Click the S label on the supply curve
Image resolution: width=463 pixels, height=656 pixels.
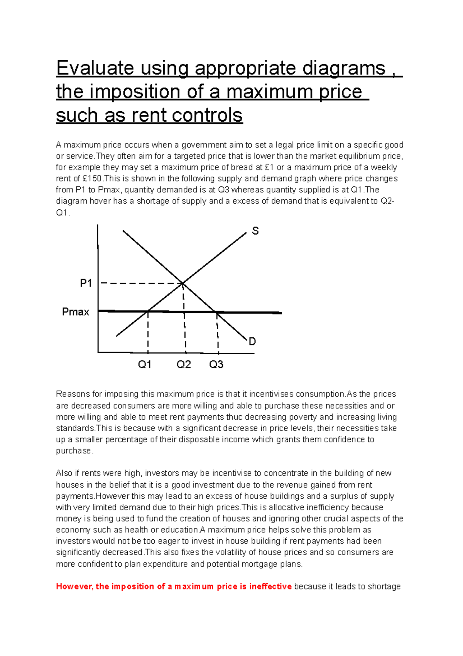click(255, 231)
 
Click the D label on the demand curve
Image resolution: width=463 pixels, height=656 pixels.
click(252, 342)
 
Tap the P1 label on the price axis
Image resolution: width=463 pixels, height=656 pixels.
click(86, 284)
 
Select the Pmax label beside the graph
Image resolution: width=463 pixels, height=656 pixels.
click(76, 312)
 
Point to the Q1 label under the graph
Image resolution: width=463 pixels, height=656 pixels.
click(145, 365)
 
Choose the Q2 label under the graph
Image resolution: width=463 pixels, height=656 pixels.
click(184, 365)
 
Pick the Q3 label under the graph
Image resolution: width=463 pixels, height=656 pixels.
click(216, 365)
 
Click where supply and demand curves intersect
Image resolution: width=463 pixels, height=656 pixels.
click(182, 284)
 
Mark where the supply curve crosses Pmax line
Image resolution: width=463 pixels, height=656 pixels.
click(148, 311)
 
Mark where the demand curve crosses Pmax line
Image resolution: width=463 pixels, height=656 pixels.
click(216, 312)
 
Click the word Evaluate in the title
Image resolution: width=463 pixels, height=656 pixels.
click(95, 68)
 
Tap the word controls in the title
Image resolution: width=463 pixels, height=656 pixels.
click(207, 116)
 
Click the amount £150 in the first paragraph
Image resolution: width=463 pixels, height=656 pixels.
click(93, 179)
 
